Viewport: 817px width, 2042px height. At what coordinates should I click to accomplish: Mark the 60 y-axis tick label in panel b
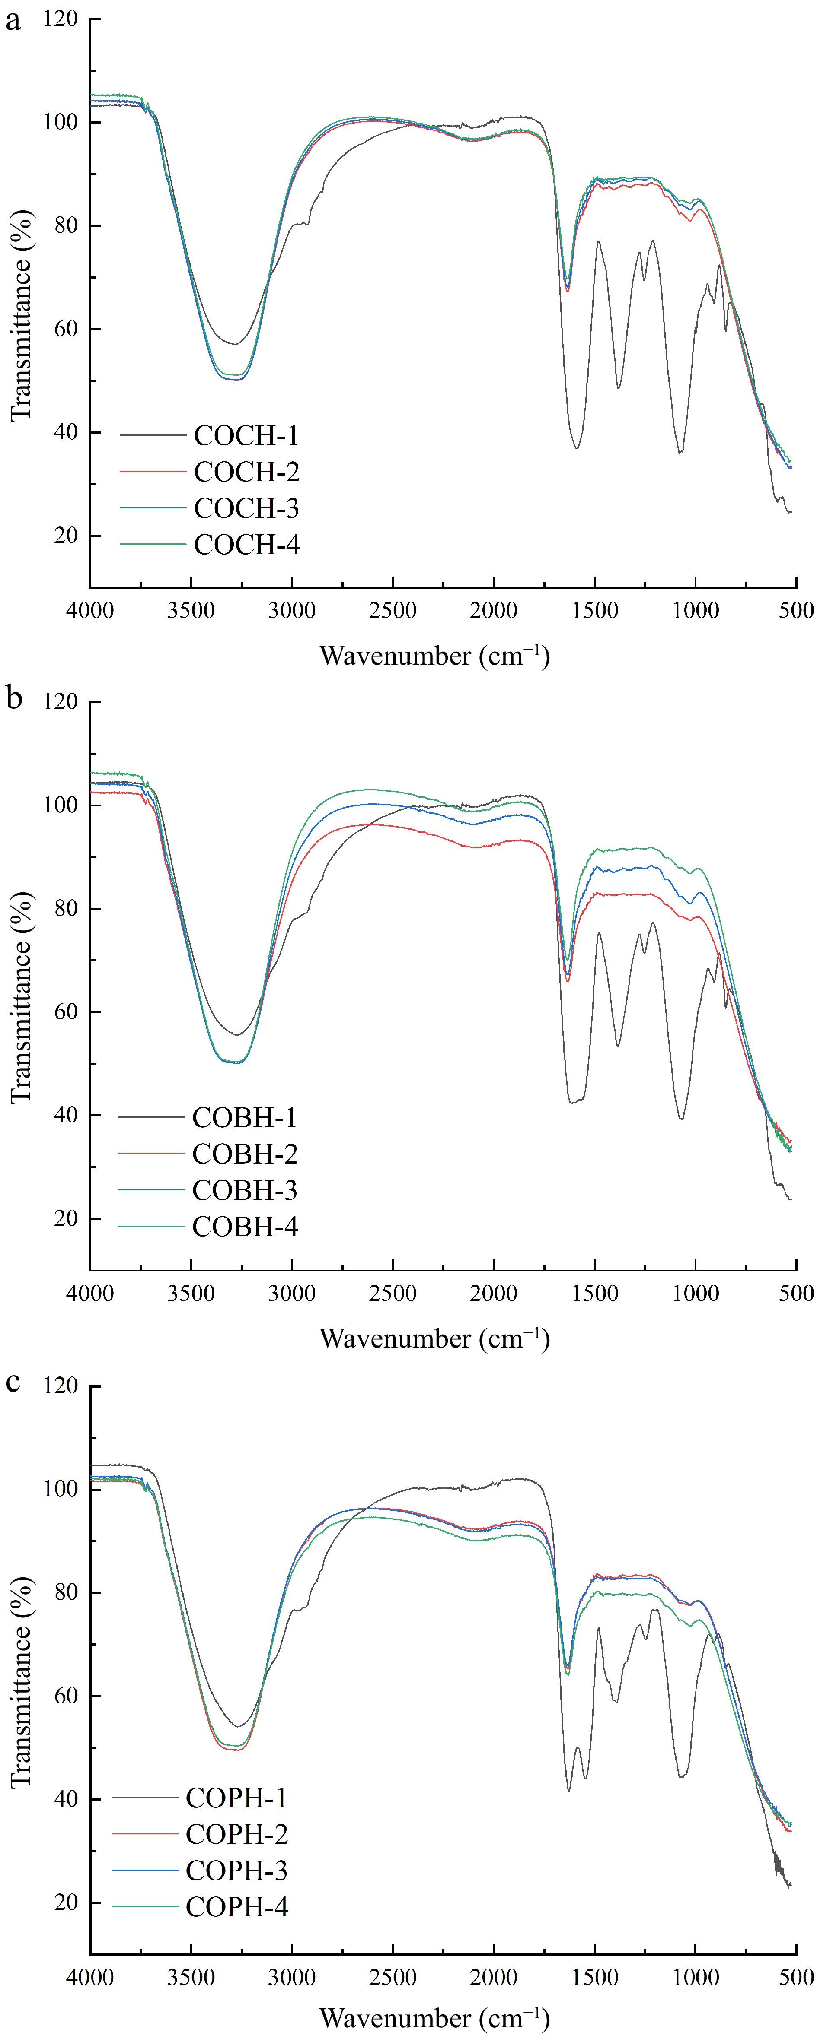[x=66, y=1012]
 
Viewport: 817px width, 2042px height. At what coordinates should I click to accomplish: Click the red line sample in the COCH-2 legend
[x=152, y=472]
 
